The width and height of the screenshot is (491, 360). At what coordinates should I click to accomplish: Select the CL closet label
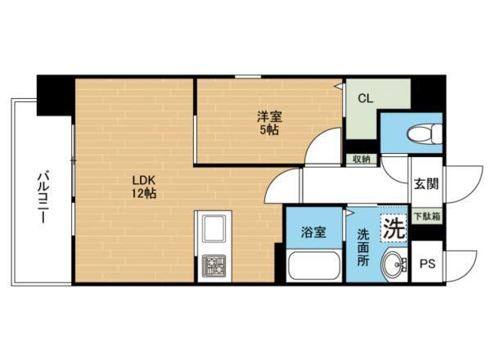click(x=365, y=97)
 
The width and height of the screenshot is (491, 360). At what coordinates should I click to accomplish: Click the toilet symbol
click(x=423, y=132)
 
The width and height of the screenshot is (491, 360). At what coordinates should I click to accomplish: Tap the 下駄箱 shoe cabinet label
click(x=425, y=217)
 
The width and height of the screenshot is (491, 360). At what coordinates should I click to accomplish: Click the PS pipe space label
click(x=426, y=263)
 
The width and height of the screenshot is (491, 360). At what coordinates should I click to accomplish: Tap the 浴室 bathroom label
click(x=314, y=232)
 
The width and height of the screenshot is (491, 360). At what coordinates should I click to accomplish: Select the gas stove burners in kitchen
click(x=214, y=265)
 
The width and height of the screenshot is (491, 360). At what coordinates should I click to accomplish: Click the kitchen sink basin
click(x=214, y=229)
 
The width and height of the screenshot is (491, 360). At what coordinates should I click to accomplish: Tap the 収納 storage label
click(x=361, y=159)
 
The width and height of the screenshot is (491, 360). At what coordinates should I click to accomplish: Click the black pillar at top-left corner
click(x=54, y=93)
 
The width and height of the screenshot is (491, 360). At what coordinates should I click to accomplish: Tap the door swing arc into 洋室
click(x=322, y=145)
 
